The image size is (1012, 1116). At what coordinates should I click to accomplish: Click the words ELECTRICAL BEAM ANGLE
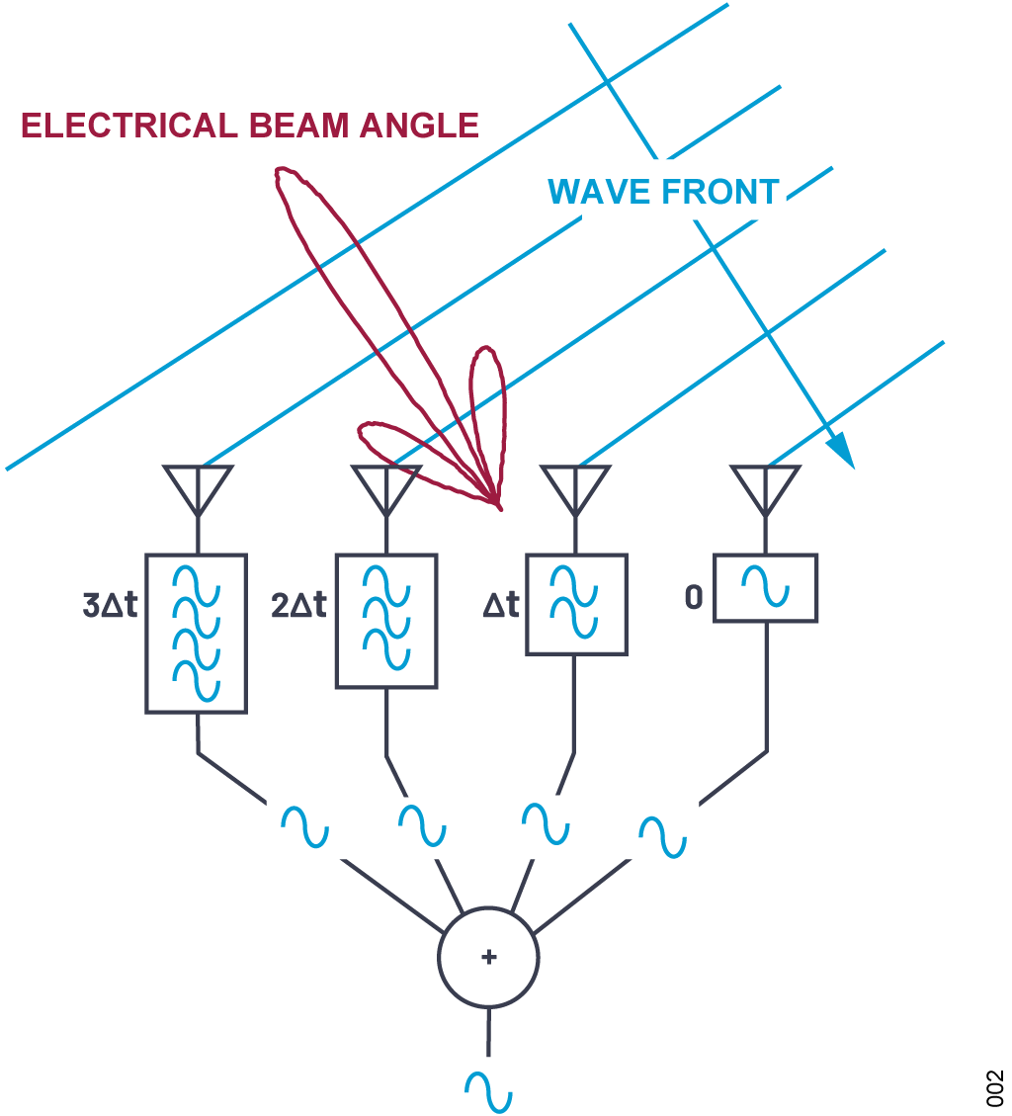pyautogui.click(x=250, y=126)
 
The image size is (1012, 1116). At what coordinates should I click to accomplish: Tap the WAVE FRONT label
pyautogui.click(x=664, y=191)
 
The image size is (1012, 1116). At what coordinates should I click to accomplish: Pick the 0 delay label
pyautogui.click(x=694, y=599)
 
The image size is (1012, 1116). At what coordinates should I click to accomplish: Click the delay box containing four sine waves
pyautogui.click(x=197, y=633)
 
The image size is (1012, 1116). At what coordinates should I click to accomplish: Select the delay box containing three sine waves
pyautogui.click(x=385, y=621)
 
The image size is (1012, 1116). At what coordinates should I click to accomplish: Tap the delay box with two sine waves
pyautogui.click(x=575, y=604)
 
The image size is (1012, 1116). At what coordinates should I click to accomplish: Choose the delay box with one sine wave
pyautogui.click(x=766, y=588)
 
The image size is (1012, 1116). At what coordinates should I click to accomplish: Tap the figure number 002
pyautogui.click(x=994, y=1087)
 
